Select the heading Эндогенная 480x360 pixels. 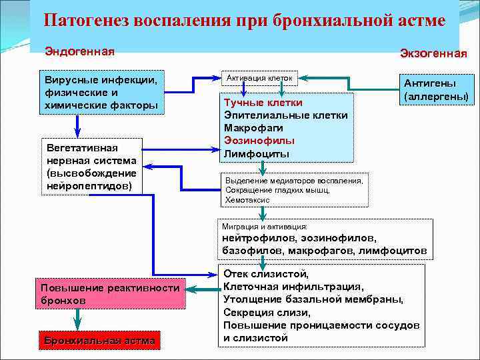tap(79, 51)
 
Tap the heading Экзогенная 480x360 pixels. tap(433, 53)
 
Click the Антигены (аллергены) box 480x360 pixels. tap(437, 89)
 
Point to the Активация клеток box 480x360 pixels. tap(259, 79)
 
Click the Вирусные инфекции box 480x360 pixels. tap(101, 93)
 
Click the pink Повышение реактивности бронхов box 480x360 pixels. tap(111, 294)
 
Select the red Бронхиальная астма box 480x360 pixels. tap(99, 341)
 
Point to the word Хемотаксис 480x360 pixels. tap(248, 199)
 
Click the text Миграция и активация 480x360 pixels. tap(265, 227)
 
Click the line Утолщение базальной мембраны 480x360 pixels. tap(313, 299)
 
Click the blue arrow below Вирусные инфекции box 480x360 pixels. tap(77, 125)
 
